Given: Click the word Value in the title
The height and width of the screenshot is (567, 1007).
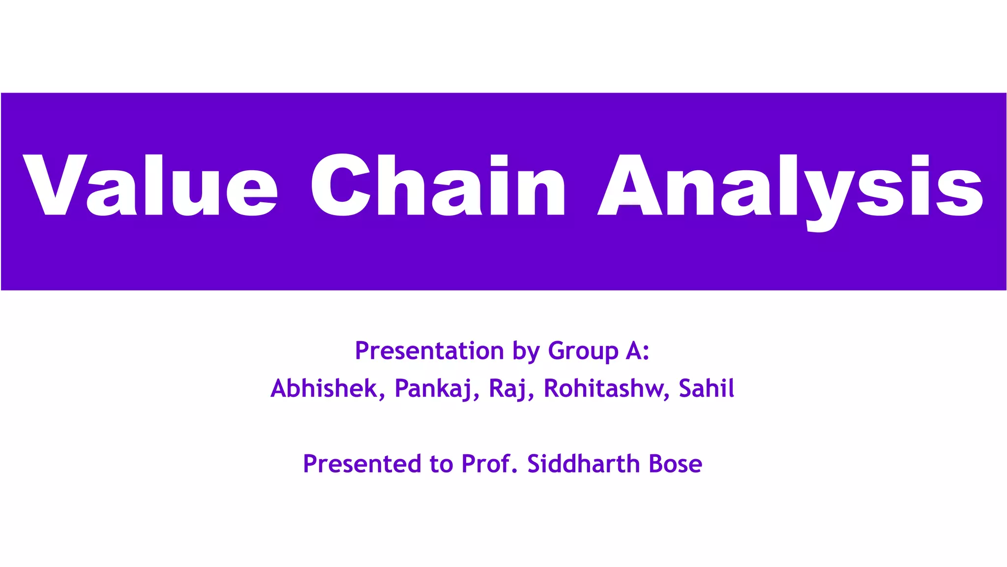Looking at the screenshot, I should tap(150, 185).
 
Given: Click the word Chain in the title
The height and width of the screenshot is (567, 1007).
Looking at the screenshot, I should tap(438, 185).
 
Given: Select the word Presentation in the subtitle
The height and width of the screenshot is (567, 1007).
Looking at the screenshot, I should tap(429, 351).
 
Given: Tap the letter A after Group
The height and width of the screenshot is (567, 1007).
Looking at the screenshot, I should tap(633, 351).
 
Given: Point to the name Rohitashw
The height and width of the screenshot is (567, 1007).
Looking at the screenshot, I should tap(603, 388).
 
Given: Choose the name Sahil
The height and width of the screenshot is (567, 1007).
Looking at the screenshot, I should tap(706, 388).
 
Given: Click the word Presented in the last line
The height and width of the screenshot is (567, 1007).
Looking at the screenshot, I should tap(362, 464).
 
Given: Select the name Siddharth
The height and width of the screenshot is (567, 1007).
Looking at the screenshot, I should tap(583, 464).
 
